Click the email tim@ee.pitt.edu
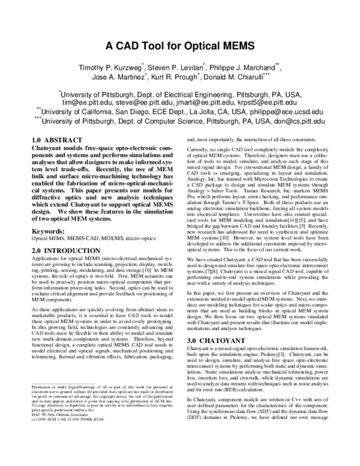pos(80,103)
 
